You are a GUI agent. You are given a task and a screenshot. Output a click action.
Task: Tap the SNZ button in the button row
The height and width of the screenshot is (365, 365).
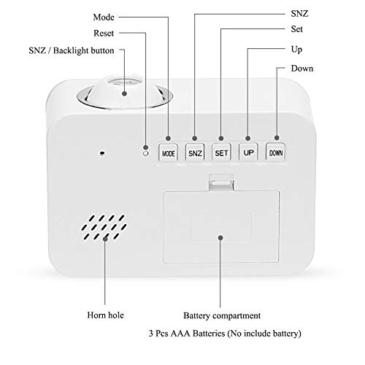(195, 153)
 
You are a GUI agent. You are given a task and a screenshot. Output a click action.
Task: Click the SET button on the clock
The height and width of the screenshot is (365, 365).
(221, 153)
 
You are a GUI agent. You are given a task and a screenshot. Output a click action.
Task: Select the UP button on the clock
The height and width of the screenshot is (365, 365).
(248, 152)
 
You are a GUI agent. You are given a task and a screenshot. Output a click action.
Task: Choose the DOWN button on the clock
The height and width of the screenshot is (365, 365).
(275, 152)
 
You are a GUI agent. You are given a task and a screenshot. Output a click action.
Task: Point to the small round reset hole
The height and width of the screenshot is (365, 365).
(146, 153)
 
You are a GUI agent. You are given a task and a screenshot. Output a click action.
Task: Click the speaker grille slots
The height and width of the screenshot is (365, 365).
(104, 227)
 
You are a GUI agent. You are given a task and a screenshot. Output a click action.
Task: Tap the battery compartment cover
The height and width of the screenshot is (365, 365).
(221, 227)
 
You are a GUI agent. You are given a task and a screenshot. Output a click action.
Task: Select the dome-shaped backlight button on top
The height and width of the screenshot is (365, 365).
(125, 92)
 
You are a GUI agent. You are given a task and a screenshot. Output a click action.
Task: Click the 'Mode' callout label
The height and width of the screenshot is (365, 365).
(104, 18)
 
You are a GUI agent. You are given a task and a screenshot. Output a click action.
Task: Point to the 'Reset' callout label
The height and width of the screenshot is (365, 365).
(104, 33)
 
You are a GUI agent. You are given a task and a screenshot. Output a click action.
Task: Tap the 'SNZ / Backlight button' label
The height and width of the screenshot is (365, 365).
(72, 50)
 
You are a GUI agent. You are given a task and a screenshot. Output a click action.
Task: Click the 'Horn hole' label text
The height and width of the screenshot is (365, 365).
(105, 315)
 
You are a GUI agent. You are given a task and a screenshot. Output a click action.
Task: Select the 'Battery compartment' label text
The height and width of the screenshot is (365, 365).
(222, 315)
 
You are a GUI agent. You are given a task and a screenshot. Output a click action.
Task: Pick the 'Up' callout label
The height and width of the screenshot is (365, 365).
(296, 50)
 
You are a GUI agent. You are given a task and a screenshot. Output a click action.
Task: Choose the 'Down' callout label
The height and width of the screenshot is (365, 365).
(302, 69)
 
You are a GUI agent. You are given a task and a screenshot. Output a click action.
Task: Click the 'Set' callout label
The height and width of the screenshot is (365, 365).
(296, 29)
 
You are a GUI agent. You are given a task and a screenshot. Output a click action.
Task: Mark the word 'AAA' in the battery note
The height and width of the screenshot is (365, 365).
(180, 333)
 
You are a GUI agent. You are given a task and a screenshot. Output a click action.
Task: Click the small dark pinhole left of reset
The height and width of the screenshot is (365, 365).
(102, 153)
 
